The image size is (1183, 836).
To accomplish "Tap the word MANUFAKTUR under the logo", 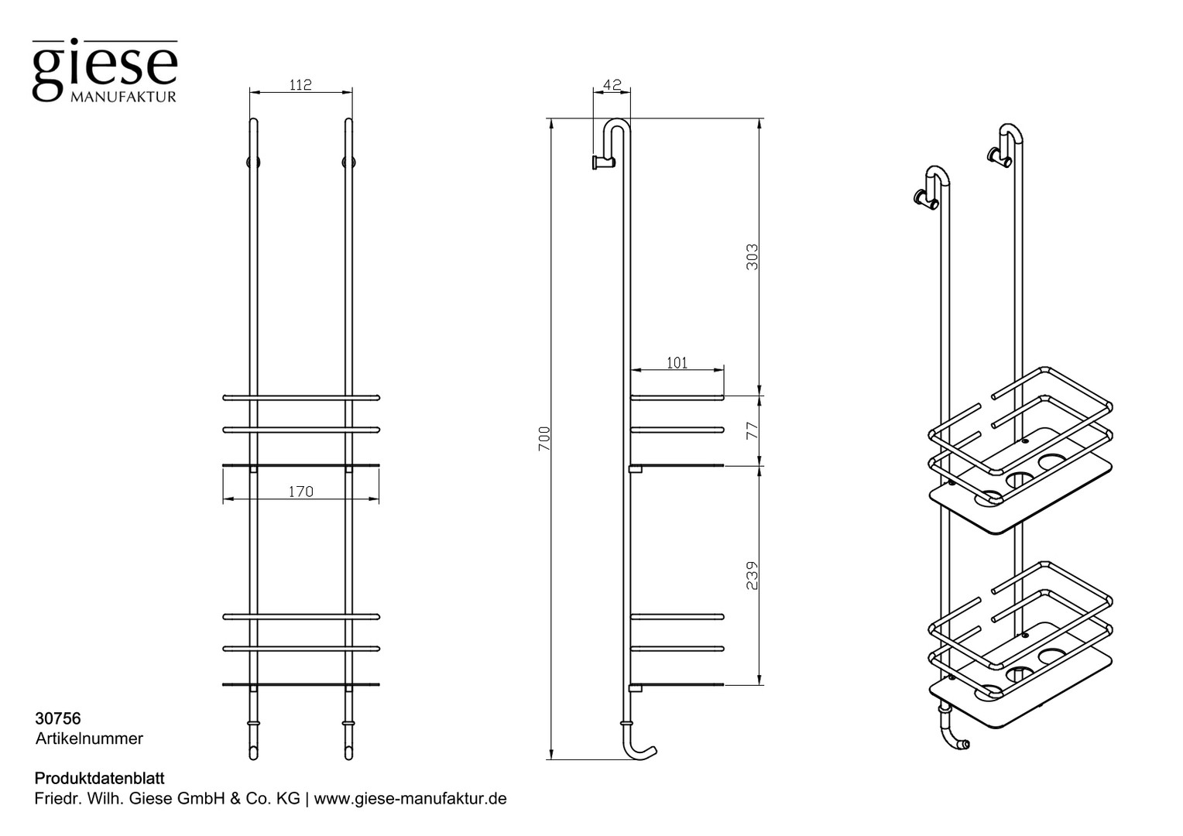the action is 123,98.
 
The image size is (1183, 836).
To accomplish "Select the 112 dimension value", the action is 301,84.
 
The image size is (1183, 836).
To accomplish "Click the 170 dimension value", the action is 301,492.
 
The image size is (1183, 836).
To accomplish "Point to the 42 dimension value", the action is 612,84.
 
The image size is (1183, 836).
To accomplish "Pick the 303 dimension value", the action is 752,257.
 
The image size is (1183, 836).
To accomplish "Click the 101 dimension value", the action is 677,363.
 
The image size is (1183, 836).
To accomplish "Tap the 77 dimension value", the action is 752,430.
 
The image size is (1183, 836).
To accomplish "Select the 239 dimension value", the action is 752,576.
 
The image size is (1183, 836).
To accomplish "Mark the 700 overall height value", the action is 544,438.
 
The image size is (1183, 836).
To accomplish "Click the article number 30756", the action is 58,719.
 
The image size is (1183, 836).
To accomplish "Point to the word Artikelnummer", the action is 89,738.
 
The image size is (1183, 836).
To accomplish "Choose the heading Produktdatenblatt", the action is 100,779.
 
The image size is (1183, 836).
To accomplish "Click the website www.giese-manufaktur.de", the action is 410,799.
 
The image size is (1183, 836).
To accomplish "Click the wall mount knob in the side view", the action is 602,162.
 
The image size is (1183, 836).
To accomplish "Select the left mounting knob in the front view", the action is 253,162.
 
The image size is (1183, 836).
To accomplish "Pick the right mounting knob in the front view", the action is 348,162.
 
